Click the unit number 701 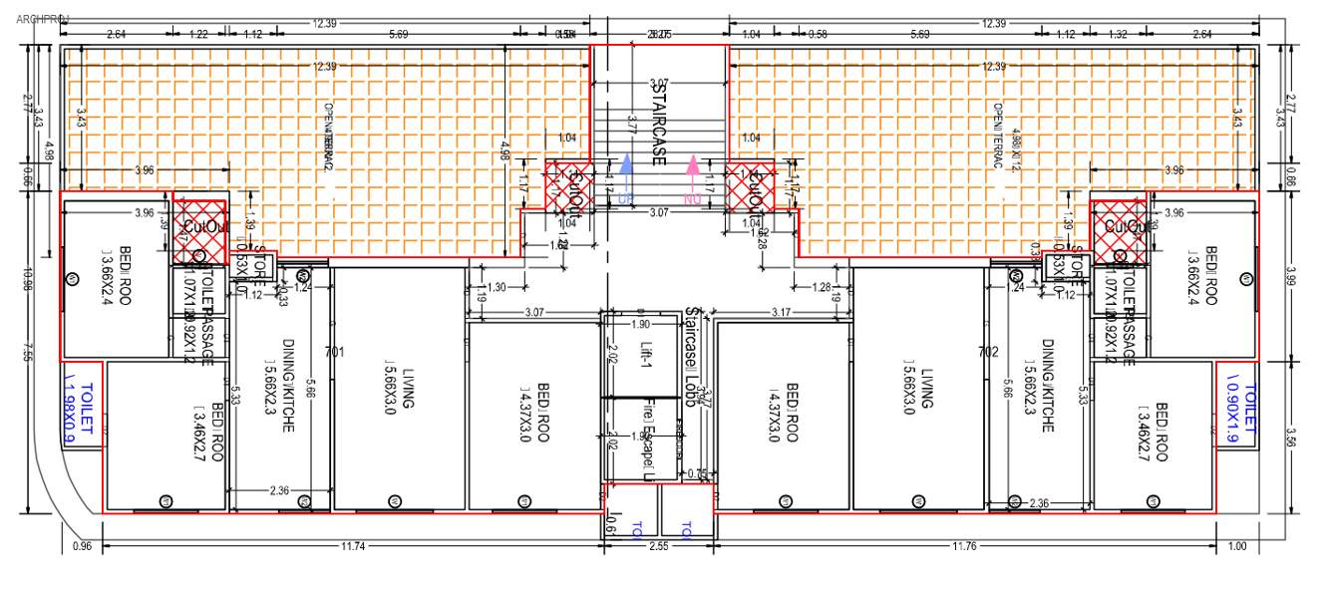point(335,352)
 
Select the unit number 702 point(988,352)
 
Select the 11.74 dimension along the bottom point(352,546)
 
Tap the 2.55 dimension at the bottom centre point(659,546)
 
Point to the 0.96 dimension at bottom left point(83,546)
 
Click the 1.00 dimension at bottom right point(1237,546)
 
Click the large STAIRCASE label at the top point(658,123)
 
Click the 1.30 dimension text point(495,288)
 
